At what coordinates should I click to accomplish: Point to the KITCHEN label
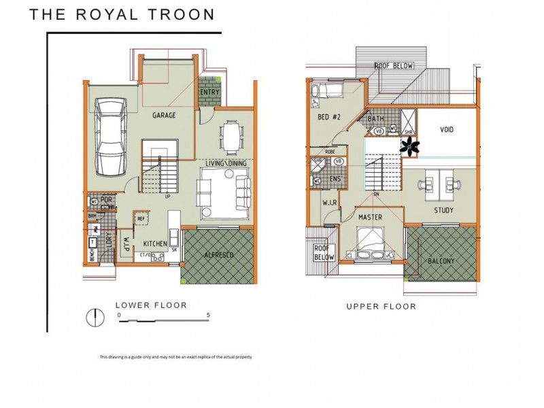pos(155,243)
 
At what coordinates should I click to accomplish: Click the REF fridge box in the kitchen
pos(141,218)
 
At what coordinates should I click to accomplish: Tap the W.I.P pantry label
pos(126,243)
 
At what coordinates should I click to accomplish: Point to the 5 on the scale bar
pos(209,316)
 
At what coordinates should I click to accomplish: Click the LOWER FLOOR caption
pos(151,305)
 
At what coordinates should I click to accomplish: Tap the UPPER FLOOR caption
pos(381,307)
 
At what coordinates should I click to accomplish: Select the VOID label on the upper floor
pos(446,129)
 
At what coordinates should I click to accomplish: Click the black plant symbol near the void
pos(410,146)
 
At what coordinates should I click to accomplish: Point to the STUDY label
pos(445,210)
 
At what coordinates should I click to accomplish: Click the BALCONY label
pos(441,261)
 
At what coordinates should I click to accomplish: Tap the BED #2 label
pos(328,117)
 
